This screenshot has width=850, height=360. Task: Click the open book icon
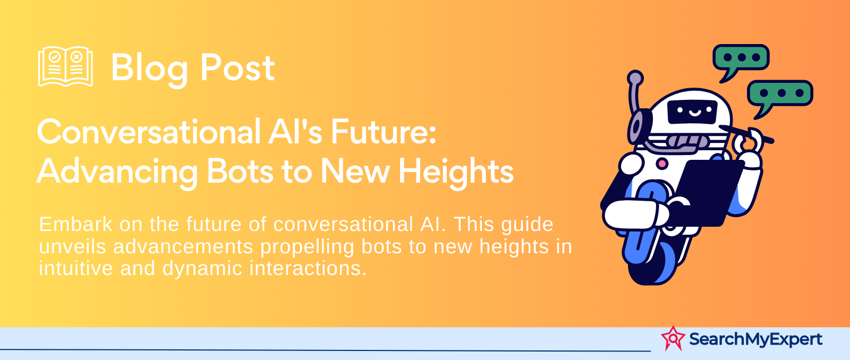point(66,66)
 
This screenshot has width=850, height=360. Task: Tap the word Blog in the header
point(149,69)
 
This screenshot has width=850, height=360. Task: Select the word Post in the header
point(237,68)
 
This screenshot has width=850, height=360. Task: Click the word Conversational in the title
point(149,132)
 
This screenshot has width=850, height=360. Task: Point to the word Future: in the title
point(383,132)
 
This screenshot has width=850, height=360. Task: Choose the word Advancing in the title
point(117,172)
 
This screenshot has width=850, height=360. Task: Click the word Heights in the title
point(456,172)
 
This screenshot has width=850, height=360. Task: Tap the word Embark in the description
point(76,224)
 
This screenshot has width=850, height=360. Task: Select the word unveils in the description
point(72,246)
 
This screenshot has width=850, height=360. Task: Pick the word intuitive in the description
point(76,268)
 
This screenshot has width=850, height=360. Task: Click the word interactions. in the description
point(308,268)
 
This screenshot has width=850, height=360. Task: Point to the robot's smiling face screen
point(692,112)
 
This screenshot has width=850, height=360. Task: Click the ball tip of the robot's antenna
point(635,78)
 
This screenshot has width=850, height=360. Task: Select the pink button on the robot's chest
point(662,164)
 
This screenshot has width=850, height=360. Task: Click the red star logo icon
point(673,338)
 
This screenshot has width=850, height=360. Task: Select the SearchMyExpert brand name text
point(755,339)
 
